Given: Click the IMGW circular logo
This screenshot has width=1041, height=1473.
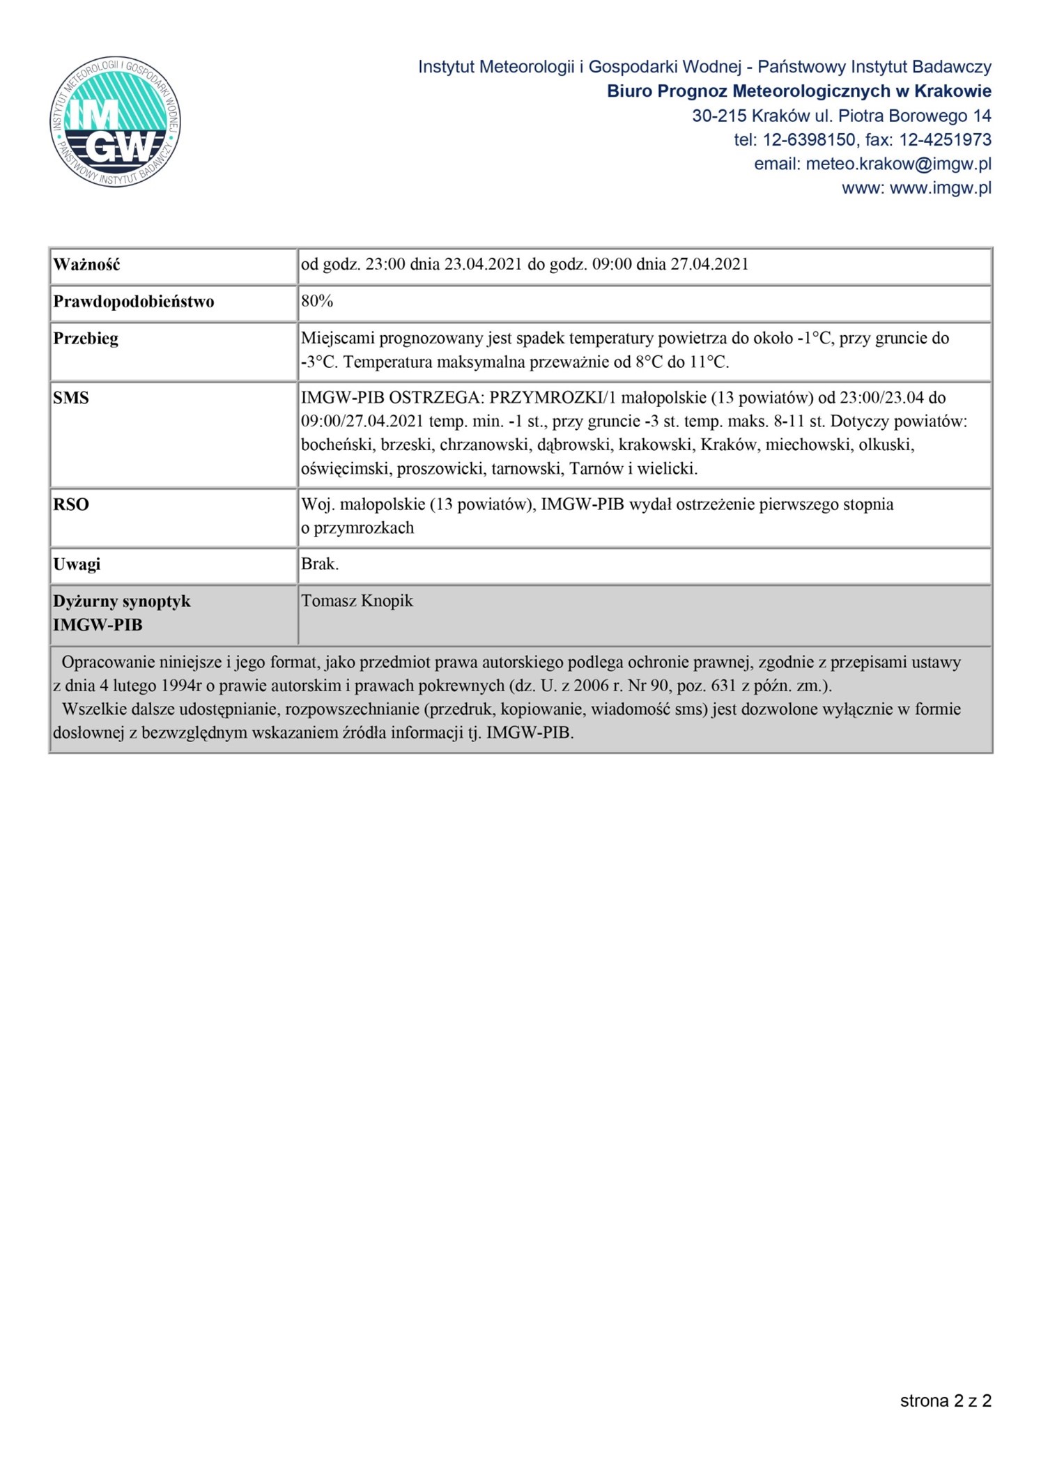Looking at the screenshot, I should tap(116, 122).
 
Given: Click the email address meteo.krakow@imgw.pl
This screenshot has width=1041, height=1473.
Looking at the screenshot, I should tap(898, 164).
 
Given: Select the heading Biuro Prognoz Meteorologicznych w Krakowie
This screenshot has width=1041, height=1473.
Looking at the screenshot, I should tap(799, 91).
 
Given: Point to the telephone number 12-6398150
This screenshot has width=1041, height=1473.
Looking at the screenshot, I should tap(809, 140).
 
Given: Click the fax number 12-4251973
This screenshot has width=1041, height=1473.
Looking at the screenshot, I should tap(945, 140).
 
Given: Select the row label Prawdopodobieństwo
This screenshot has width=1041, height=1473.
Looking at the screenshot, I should tap(134, 302).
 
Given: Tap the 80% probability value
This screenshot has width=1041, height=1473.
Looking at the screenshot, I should tap(317, 301).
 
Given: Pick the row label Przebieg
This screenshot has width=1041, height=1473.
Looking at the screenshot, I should tap(86, 339).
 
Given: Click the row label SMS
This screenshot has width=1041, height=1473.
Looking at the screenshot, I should tap(71, 398).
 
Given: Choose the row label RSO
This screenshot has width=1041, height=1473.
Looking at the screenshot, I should tap(71, 504).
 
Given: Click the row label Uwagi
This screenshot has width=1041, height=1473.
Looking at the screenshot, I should tap(77, 564).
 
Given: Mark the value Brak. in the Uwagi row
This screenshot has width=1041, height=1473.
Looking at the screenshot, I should tap(320, 564).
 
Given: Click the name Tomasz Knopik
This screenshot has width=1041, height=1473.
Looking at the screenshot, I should tap(357, 601).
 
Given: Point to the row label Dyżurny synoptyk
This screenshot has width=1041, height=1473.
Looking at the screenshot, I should tap(122, 601).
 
